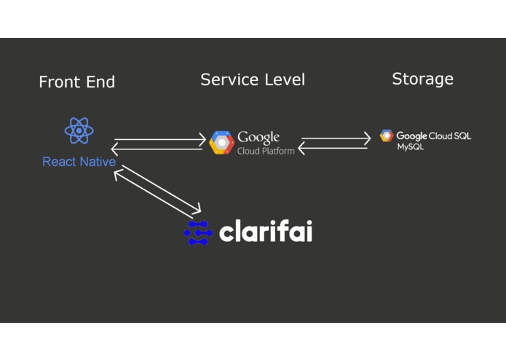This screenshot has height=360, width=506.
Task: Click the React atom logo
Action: click(x=79, y=130)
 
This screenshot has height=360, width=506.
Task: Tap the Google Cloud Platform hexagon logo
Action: click(x=222, y=142)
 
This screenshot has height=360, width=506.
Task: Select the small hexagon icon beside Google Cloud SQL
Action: click(x=387, y=136)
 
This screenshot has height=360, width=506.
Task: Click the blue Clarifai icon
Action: click(x=198, y=232)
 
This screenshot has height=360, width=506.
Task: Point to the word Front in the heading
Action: click(x=60, y=82)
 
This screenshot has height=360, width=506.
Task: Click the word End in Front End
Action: click(x=100, y=82)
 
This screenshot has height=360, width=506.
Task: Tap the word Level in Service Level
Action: click(x=285, y=79)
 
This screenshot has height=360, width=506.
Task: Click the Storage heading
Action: click(x=423, y=79)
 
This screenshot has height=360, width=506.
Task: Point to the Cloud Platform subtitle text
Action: click(x=266, y=151)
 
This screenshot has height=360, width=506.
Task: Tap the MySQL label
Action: click(x=410, y=147)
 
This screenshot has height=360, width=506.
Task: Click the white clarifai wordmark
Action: click(x=266, y=231)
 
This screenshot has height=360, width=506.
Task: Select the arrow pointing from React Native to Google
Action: click(x=160, y=139)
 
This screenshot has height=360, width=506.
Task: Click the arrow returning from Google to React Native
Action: click(x=157, y=149)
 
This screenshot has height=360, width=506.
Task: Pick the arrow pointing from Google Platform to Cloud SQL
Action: click(x=336, y=138)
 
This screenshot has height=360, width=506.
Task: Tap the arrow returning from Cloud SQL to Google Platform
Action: click(x=333, y=148)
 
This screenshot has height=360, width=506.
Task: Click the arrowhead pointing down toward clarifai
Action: click(x=196, y=209)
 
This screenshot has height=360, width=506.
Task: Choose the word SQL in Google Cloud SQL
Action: click(x=462, y=136)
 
